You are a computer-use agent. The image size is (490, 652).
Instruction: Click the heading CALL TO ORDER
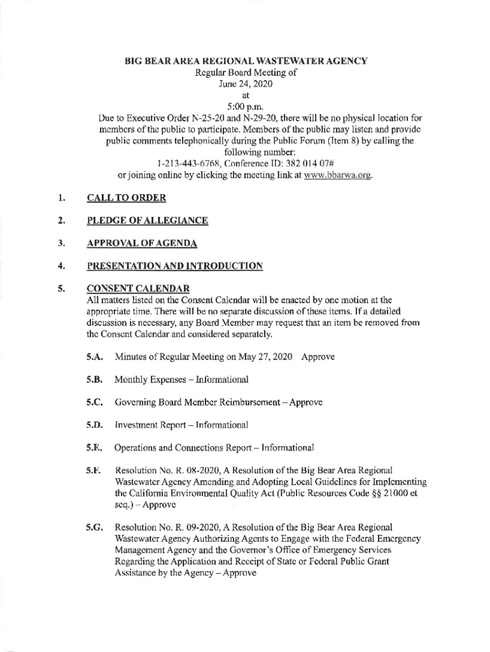126,198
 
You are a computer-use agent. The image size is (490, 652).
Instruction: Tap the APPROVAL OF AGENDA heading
141,244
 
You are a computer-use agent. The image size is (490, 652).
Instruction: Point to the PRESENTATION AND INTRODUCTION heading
174,266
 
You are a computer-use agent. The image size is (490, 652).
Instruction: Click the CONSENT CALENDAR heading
137,288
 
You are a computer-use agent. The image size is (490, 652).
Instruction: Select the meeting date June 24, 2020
245,83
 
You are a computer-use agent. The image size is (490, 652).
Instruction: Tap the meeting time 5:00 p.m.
245,106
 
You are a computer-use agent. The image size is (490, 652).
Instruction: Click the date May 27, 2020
262,357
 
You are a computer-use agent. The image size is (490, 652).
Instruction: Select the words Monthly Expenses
145,379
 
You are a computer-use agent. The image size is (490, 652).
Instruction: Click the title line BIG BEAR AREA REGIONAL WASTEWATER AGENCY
245,61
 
